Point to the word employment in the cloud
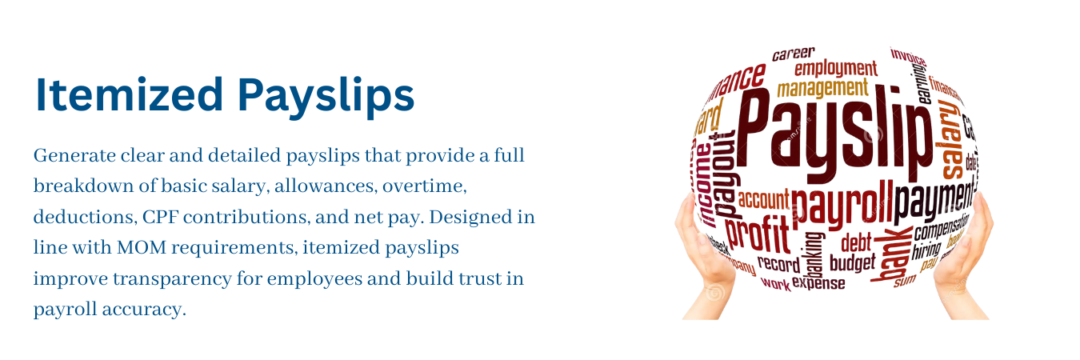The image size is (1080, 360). click(x=835, y=68)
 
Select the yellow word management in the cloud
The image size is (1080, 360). click(x=822, y=87)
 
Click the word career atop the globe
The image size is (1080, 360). click(x=793, y=54)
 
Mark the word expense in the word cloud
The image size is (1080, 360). click(x=818, y=282)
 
